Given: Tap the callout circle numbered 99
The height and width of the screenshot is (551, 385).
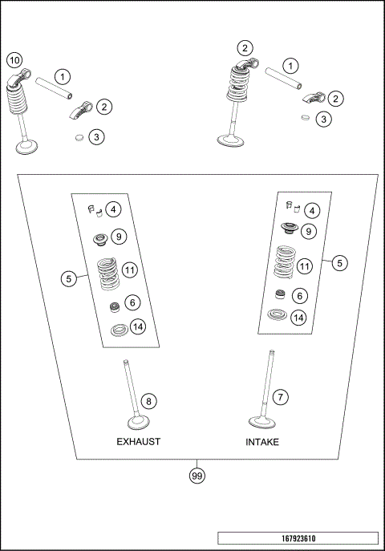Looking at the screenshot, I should [x=196, y=476].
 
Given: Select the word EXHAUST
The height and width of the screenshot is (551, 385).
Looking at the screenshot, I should [x=139, y=442].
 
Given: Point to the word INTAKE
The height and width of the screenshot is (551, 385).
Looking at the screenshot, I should [x=262, y=442].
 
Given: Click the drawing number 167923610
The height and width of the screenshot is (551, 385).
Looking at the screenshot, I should [x=297, y=537].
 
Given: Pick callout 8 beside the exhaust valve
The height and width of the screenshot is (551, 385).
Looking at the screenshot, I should [x=147, y=400].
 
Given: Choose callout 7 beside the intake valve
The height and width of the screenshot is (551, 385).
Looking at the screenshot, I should [x=280, y=397].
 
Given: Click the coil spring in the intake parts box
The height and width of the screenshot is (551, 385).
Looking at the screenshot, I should [x=285, y=261].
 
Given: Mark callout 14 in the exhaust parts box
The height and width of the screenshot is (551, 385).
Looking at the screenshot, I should [x=138, y=327].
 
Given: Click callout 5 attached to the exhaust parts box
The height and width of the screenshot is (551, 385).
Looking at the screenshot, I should [x=70, y=278].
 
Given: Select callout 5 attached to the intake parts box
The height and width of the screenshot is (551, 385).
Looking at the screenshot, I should [x=340, y=262].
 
